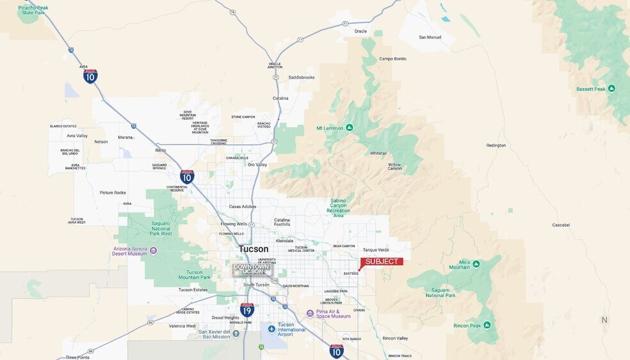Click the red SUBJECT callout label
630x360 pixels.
pyautogui.click(x=382, y=261)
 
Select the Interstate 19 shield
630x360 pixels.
pyautogui.click(x=247, y=310)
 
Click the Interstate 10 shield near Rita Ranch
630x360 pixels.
pyautogui.click(x=336, y=350)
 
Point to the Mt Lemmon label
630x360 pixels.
pyautogui.click(x=330, y=127)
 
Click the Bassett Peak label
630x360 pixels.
pyautogui.click(x=591, y=89)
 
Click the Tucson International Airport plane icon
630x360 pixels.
pyautogui.click(x=271, y=329)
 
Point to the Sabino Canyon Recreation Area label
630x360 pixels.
pyautogui.click(x=338, y=208)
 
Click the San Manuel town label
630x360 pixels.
pyautogui.click(x=430, y=37)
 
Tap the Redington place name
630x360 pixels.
pyautogui.click(x=496, y=145)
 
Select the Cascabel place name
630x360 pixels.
pyautogui.click(x=561, y=225)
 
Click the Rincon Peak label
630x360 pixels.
pyautogui.click(x=467, y=325)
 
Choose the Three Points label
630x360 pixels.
pyautogui.click(x=77, y=357)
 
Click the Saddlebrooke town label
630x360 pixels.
pyautogui.click(x=302, y=78)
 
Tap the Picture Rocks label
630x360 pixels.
pyautogui.click(x=113, y=192)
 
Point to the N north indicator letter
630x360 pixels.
pyautogui.click(x=604, y=320)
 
